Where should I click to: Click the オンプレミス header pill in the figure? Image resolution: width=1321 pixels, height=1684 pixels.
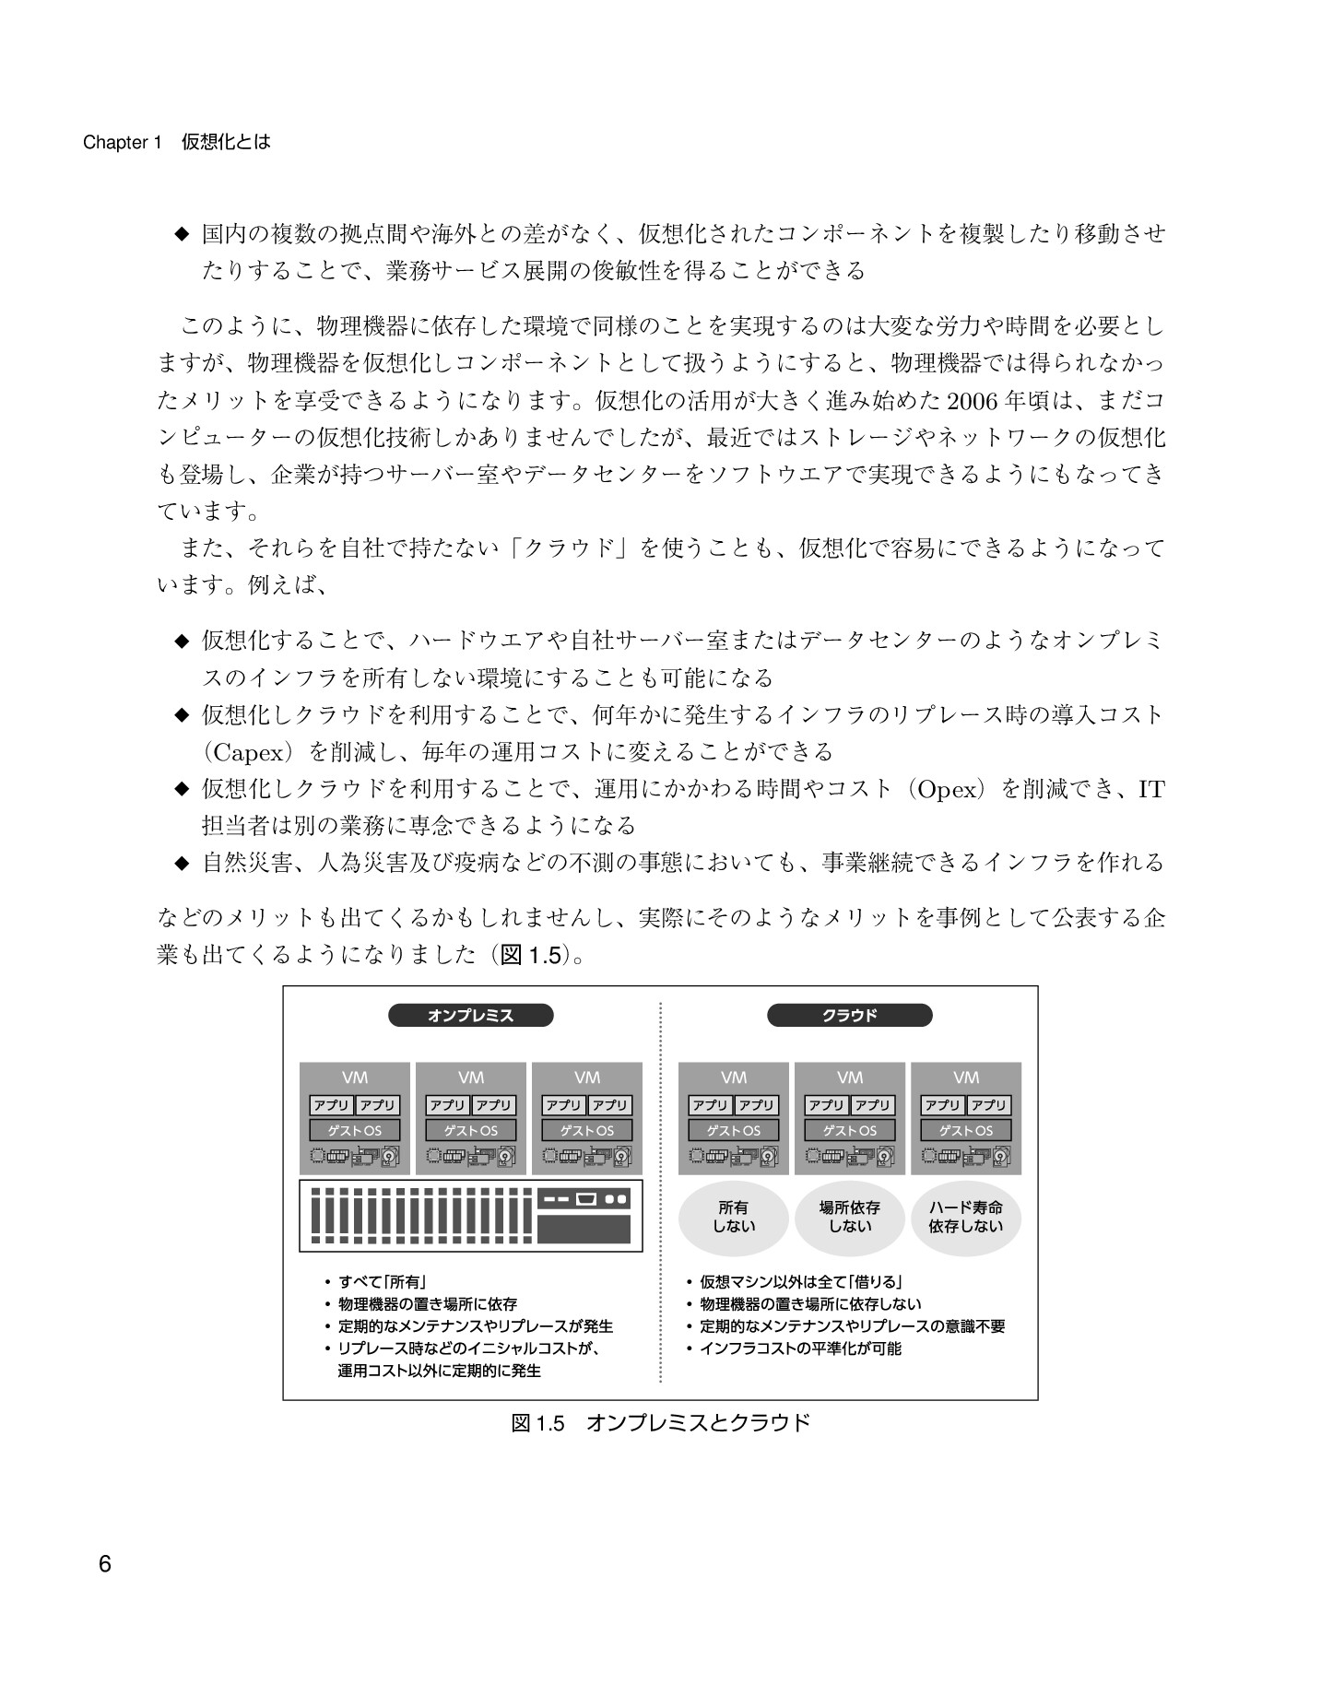coord(470,1016)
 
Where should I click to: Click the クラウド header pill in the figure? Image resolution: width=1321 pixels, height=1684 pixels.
coord(849,1016)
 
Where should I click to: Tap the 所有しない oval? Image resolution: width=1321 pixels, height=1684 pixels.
coord(734,1217)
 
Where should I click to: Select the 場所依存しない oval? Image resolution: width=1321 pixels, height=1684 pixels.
coord(849,1217)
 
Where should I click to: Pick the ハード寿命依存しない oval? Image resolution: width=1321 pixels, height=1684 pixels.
coord(965,1217)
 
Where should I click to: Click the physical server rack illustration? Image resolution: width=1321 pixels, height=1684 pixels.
coord(470,1215)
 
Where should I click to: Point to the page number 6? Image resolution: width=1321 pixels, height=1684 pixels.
coord(104,1564)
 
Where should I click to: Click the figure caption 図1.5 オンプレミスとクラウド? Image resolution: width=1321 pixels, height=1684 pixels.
coord(660,1422)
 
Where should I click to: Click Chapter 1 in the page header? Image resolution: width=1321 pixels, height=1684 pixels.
coord(122,143)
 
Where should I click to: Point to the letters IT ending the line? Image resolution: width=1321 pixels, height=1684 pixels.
coord(1151,790)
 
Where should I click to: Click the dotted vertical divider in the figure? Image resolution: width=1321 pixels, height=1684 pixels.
coord(661,1198)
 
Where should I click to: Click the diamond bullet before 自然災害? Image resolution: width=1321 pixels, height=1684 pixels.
coord(181,864)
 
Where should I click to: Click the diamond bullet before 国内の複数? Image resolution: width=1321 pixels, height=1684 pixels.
coord(181,234)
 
